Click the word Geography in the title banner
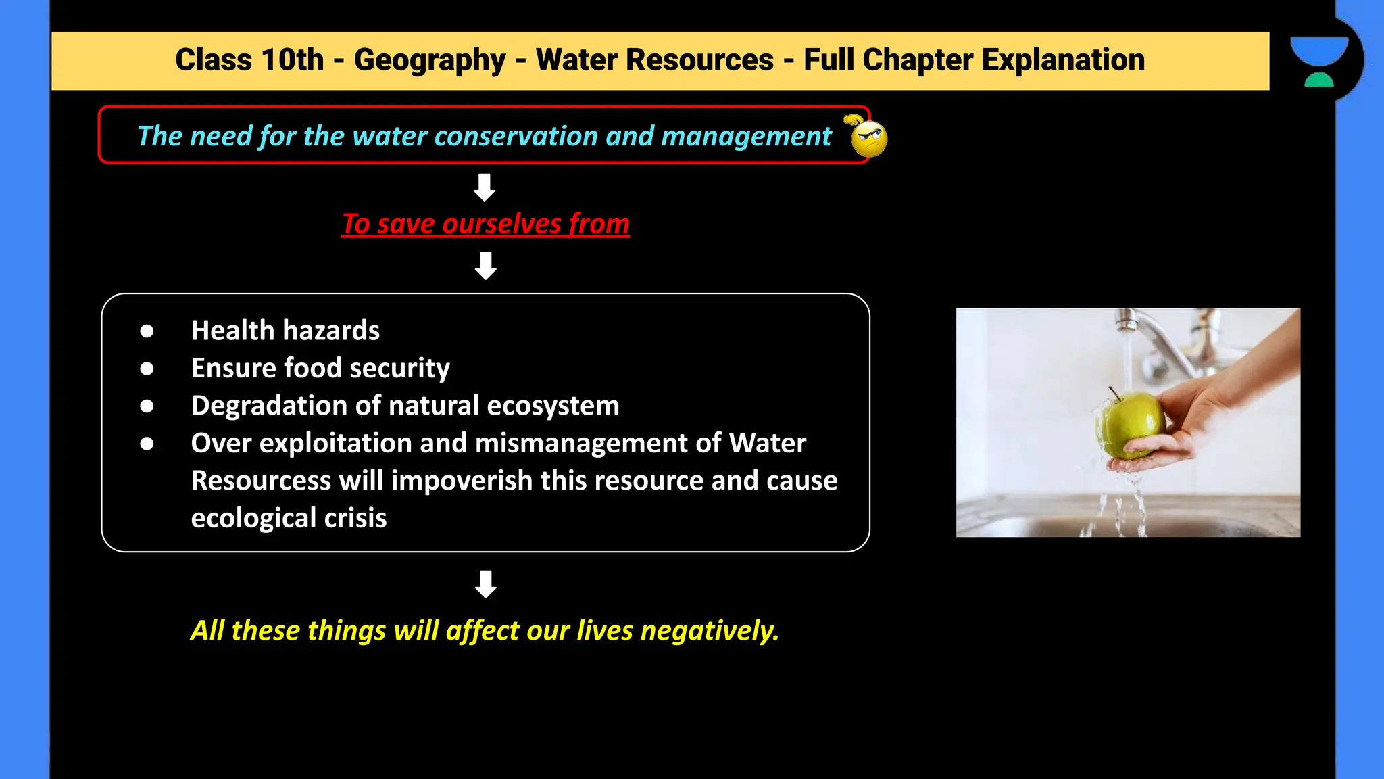[x=430, y=60]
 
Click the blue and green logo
[x=1319, y=62]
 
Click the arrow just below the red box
[x=485, y=187]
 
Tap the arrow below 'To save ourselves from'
[x=485, y=266]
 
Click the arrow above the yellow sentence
[x=485, y=584]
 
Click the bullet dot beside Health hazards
[x=147, y=331]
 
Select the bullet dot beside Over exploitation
[x=147, y=444]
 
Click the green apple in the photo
[x=1131, y=423]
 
